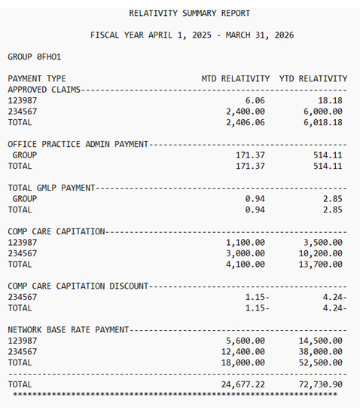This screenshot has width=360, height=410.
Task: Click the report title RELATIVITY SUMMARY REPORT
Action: (190, 13)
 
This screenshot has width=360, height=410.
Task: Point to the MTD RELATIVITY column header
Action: (235, 78)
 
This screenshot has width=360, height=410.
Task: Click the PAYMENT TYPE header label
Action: (37, 78)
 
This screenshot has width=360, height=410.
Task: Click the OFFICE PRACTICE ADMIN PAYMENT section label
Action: (78, 144)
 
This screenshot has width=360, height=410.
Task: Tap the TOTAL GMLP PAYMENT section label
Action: (52, 188)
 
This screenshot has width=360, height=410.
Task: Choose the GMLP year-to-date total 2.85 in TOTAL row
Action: (331, 210)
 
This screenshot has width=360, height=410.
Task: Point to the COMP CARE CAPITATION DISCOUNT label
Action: (78, 286)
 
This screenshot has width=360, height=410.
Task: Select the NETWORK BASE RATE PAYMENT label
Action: (69, 330)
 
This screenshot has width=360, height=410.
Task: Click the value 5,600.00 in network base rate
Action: (245, 341)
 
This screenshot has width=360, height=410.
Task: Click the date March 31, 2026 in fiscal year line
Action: (258, 35)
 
